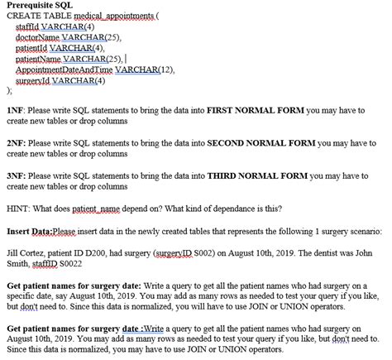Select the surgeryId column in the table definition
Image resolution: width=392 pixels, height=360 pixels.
(34, 81)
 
